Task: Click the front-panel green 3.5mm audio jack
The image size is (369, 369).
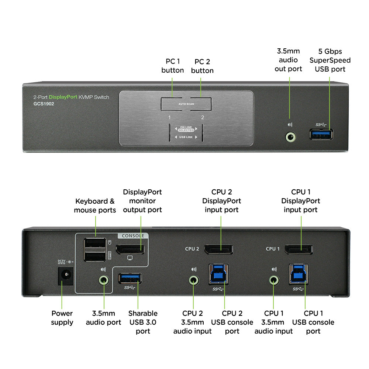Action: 291,137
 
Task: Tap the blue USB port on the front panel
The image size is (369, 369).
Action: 321,134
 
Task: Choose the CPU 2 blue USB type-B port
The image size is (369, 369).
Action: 218,274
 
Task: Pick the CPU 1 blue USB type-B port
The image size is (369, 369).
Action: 299,274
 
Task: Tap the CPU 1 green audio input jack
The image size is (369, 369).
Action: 273,280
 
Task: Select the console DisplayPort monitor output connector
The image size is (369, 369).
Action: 130,249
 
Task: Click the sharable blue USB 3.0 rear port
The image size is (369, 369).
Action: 130,278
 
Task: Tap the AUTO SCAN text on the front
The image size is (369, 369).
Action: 186,104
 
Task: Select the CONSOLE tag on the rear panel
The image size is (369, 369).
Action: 133,236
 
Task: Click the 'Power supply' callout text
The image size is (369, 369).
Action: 62,318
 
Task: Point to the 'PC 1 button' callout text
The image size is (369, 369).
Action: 172,66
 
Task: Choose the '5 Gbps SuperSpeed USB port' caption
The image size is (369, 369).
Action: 330,60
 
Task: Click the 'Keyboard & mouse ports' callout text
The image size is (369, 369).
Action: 95,206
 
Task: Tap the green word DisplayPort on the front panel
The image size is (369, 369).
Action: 63,97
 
